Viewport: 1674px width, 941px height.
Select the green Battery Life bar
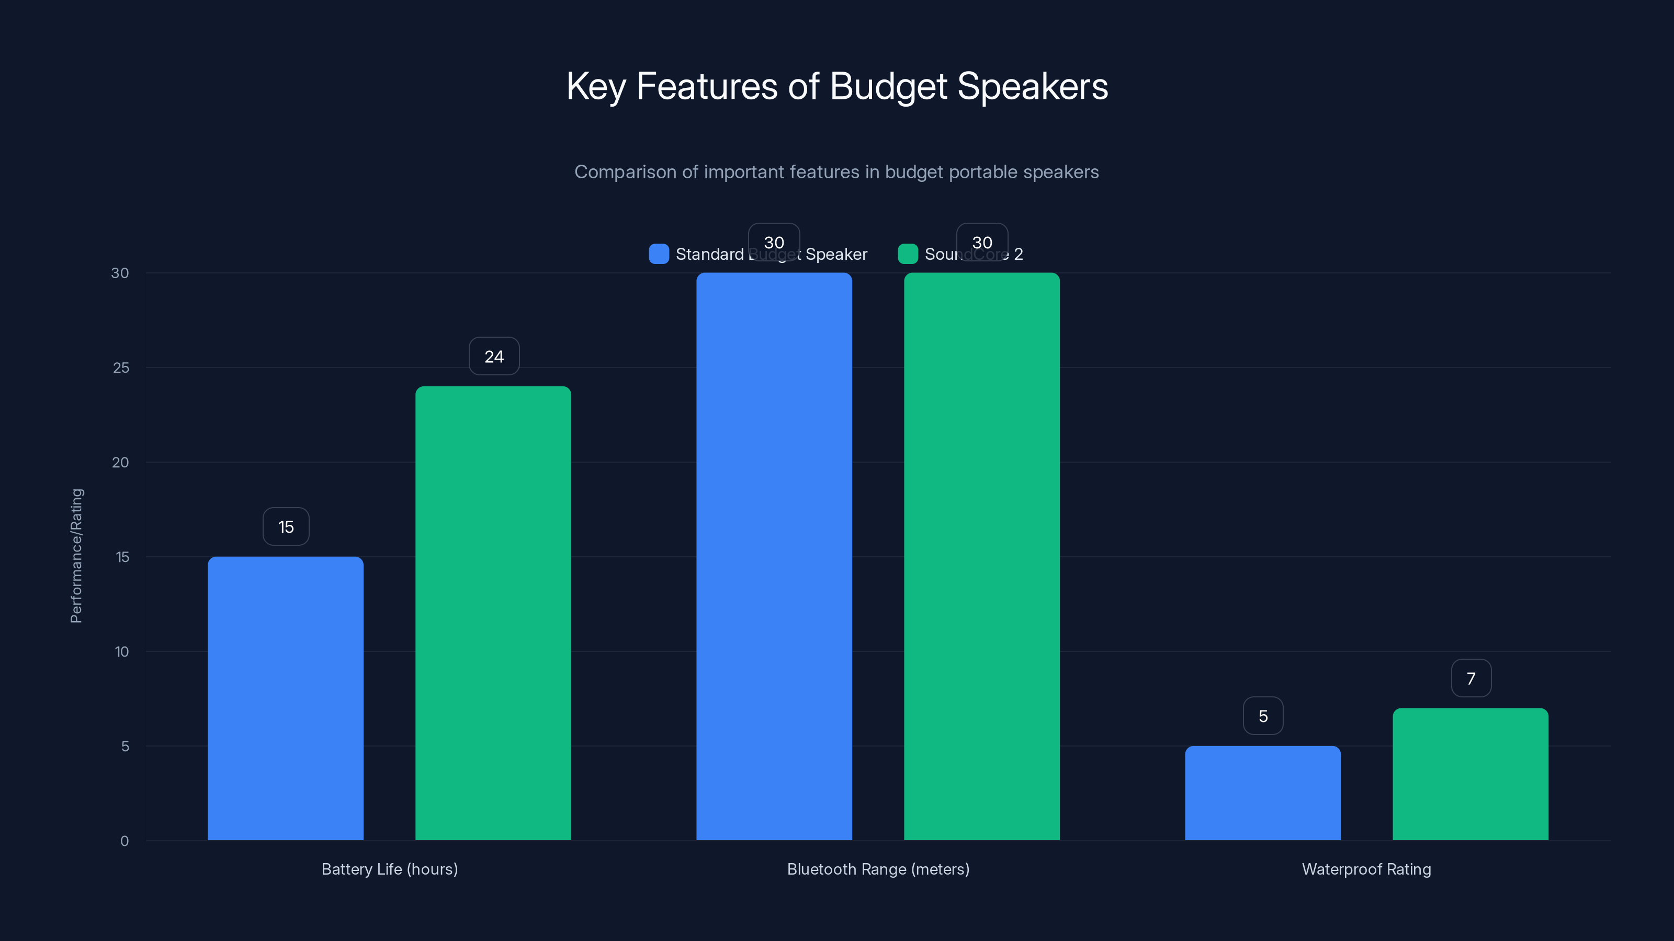click(x=493, y=613)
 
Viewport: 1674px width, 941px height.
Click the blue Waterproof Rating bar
click(x=1263, y=793)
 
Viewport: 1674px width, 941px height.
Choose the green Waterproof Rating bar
click(x=1471, y=774)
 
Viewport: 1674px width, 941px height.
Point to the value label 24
click(x=494, y=357)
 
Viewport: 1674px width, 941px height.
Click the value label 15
click(x=286, y=526)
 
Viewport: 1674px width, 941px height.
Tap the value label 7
click(x=1471, y=679)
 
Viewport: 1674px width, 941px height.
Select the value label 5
click(x=1263, y=716)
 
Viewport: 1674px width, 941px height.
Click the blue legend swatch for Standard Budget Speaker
click(x=659, y=254)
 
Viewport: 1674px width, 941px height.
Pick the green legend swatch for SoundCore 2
click(x=908, y=254)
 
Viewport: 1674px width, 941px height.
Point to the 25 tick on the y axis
click(x=121, y=368)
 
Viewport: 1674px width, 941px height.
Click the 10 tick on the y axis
click(x=121, y=651)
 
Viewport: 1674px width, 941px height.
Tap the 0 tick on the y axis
click(x=124, y=841)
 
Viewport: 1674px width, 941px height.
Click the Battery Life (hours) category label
click(x=390, y=869)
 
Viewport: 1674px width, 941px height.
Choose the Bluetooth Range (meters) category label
click(x=878, y=869)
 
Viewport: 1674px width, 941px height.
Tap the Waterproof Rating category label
click(x=1366, y=869)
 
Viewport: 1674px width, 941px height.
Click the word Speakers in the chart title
click(x=1033, y=86)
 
